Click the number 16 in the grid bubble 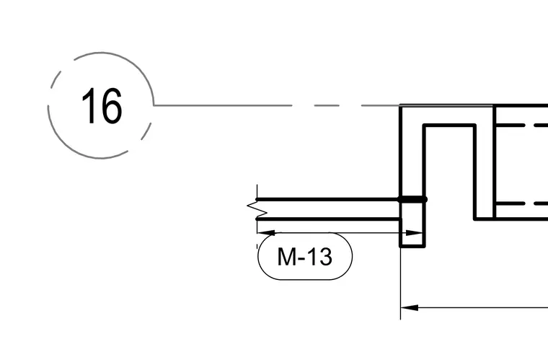point(102,105)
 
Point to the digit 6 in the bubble point(111,106)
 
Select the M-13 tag point(305,257)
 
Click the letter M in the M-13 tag point(286,257)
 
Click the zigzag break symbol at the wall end point(257,209)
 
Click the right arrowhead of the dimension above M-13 point(415,233)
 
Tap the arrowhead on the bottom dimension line point(410,308)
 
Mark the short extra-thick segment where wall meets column point(412,199)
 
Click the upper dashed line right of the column point(522,125)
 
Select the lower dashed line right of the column point(522,203)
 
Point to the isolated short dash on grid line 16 point(327,105)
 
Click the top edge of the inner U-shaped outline point(449,125)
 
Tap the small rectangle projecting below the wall point(412,233)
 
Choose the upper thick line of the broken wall point(329,199)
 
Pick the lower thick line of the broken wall point(329,219)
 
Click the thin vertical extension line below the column point(400,284)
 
